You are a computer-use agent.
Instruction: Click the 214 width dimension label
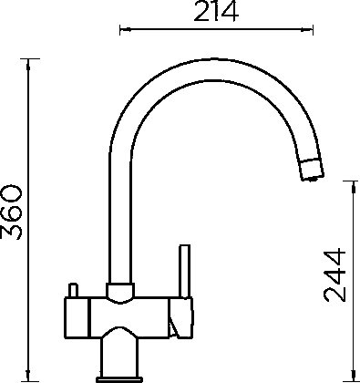tap(216, 12)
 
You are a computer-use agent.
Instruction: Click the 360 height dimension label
tap(12, 212)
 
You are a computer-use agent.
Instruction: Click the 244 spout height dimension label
tap(334, 275)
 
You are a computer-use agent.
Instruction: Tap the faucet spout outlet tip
tap(312, 171)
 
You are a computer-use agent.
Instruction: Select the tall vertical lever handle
tap(185, 271)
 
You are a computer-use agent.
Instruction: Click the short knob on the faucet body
tap(73, 290)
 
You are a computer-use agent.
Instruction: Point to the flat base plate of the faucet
tap(119, 379)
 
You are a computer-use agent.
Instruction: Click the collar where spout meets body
tap(120, 291)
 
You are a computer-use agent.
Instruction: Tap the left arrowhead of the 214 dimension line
tap(125, 29)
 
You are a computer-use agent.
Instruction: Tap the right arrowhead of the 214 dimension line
tap(307, 29)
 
